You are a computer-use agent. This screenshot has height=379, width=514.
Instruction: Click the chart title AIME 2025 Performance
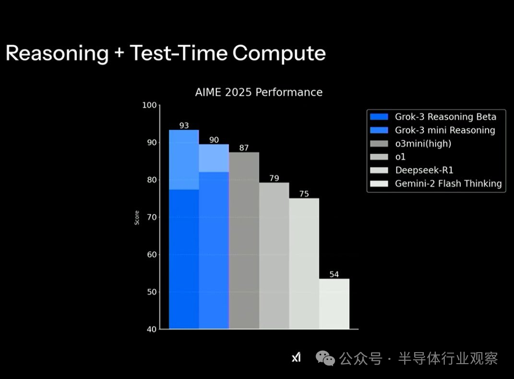(x=259, y=93)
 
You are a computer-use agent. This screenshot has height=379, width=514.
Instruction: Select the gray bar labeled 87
(x=244, y=240)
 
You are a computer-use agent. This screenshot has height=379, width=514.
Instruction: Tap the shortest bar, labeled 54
(x=334, y=304)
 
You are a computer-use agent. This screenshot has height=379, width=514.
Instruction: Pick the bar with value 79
(x=274, y=256)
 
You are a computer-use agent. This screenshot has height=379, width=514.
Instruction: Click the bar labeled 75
(x=304, y=263)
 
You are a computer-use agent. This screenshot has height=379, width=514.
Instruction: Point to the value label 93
(x=184, y=126)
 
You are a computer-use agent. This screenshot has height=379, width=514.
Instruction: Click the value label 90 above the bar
(x=214, y=140)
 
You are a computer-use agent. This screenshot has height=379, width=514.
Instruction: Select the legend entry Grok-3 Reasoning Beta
(x=433, y=117)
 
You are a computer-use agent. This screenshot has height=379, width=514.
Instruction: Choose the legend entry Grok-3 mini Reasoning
(x=432, y=130)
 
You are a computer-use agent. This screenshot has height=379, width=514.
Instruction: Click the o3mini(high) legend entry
(x=411, y=143)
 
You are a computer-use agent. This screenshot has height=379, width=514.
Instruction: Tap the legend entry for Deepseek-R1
(x=412, y=170)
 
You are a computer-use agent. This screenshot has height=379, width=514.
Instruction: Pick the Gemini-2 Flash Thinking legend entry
(x=436, y=183)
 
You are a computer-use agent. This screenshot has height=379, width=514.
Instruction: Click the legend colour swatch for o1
(x=379, y=157)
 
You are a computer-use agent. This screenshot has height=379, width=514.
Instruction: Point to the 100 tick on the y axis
(x=149, y=105)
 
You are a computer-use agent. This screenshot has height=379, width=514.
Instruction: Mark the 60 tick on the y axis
(x=152, y=255)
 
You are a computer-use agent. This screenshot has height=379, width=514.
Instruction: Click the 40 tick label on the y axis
(x=152, y=329)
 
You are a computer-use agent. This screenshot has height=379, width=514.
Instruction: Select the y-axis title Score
(x=137, y=217)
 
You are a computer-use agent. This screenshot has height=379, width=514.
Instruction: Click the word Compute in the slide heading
(x=279, y=53)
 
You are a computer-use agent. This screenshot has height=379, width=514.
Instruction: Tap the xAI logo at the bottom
(x=296, y=357)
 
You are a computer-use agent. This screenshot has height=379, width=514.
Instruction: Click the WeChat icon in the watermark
(x=325, y=358)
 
